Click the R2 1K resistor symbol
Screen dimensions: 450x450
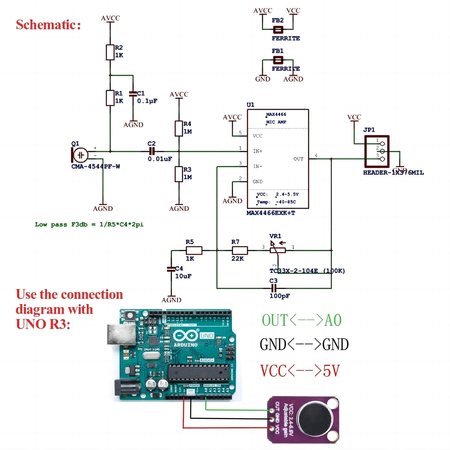coord(110,52)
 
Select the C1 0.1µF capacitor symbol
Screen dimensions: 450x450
coord(132,94)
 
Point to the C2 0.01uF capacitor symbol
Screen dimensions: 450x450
coord(151,151)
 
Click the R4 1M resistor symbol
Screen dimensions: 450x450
coord(179,128)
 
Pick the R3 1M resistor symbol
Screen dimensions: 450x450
coord(179,174)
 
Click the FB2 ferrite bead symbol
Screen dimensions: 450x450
coord(278,29)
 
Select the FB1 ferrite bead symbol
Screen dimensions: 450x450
coord(278,60)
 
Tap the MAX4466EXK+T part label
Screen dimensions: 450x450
coord(270,213)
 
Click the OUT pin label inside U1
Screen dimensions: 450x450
coord(298,159)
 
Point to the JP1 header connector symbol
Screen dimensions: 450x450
coord(376,151)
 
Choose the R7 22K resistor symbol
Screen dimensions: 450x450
coord(240,250)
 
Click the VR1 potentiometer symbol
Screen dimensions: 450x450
coord(278,250)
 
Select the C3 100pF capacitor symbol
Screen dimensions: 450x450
coord(274,288)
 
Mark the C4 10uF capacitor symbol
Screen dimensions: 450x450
coord(171,269)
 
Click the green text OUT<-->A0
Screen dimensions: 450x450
coord(301,320)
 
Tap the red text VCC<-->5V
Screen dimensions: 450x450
coord(300,371)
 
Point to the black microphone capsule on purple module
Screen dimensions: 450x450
coord(315,419)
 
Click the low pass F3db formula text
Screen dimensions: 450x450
coord(89,225)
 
